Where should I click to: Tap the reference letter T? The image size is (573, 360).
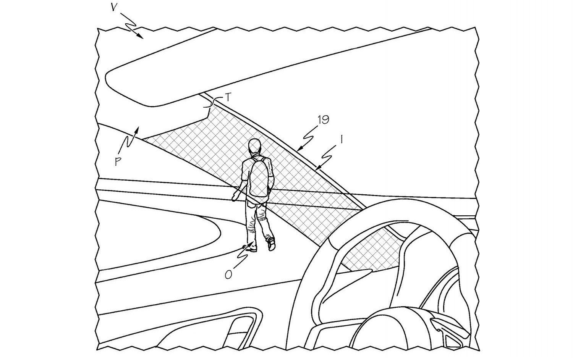click(228, 97)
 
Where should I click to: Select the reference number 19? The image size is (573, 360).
click(323, 119)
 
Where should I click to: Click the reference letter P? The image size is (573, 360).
click(117, 161)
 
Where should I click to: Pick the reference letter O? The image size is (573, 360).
click(228, 275)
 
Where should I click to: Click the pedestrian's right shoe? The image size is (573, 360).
click(272, 244)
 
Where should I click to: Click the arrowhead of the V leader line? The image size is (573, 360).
click(140, 36)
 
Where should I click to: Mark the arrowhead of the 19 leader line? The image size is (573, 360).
click(300, 149)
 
